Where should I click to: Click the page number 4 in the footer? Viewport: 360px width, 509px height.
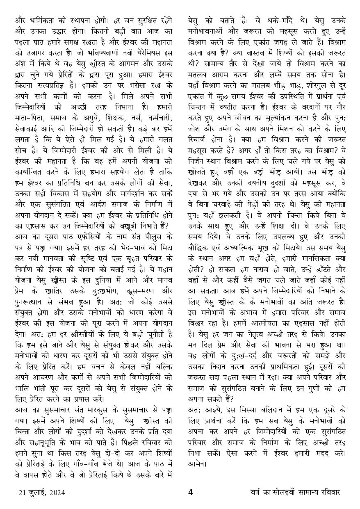[x=190, y=492]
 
